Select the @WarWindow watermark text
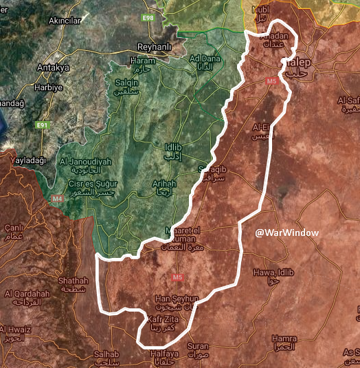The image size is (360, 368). tap(287, 232)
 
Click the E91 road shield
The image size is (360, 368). tap(43, 126)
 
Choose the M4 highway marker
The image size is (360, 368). tap(56, 199)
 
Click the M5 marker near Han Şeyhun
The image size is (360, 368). tap(178, 277)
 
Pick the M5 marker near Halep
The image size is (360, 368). tap(271, 80)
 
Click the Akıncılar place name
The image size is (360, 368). tap(65, 21)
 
